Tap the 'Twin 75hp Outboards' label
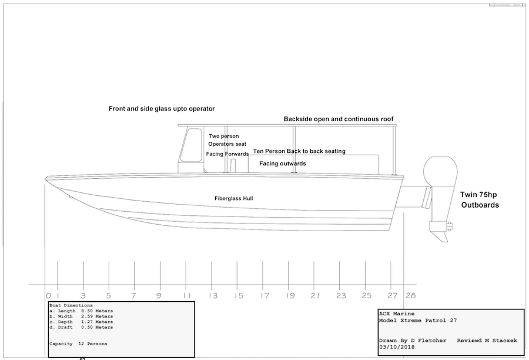[x=480, y=199]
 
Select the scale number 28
[x=410, y=295]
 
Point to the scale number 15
[x=238, y=295]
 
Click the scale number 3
[x=83, y=295]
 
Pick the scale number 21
[x=314, y=295]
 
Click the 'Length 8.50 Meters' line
[x=82, y=311]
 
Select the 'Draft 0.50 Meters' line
[x=82, y=328]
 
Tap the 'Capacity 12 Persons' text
[x=78, y=344]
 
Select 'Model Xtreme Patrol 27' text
[x=418, y=321]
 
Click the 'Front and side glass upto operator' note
[x=162, y=109]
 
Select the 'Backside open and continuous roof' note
[x=339, y=119]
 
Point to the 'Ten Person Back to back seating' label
[x=299, y=151]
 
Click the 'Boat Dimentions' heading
[x=71, y=305]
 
